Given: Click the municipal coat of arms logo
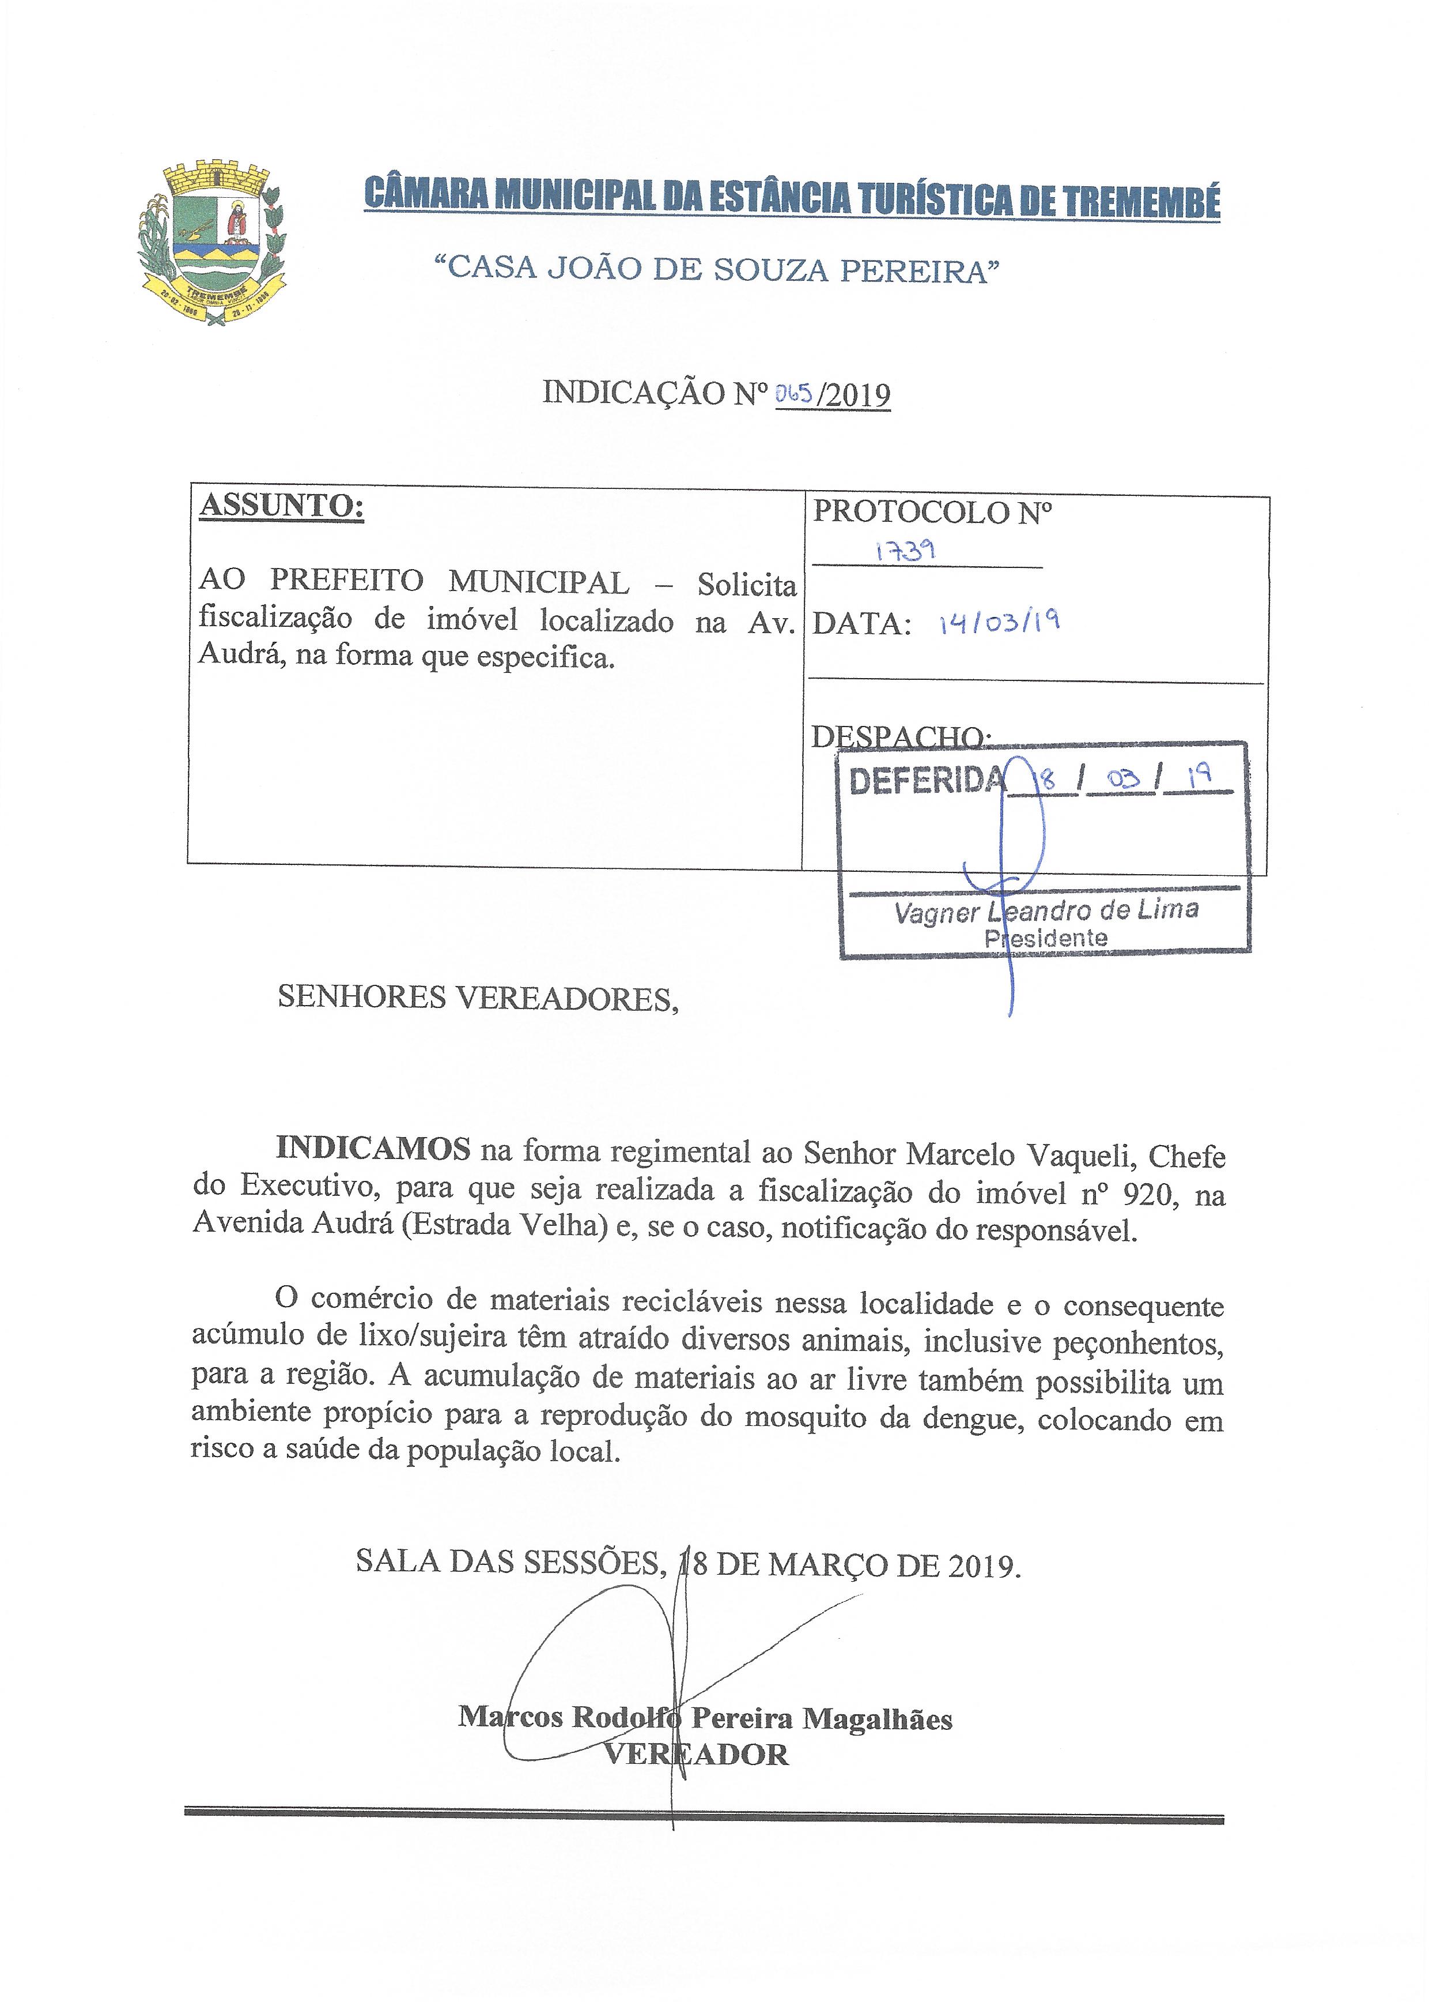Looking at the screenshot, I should [211, 244].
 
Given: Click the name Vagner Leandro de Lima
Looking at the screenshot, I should [1045, 910].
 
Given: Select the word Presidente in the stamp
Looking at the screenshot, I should [1045, 939].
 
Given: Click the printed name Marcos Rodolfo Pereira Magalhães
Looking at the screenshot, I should [705, 1718].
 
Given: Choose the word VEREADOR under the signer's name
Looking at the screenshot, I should [695, 1755].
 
